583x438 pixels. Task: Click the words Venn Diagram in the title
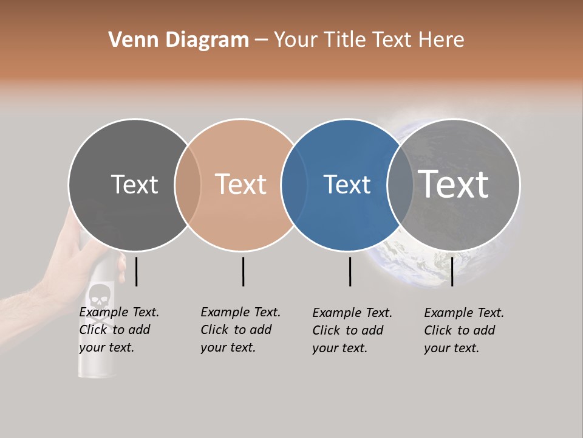click(179, 40)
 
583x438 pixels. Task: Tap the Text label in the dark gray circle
click(134, 184)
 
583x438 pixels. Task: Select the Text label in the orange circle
click(241, 184)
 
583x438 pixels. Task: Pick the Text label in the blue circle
click(347, 184)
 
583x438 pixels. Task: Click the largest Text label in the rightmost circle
click(454, 184)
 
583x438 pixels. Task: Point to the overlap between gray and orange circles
click(188, 185)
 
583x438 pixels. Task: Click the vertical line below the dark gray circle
click(136, 271)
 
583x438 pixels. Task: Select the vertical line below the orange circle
click(243, 271)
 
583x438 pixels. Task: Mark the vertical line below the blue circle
click(350, 271)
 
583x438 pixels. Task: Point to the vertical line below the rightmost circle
click(452, 271)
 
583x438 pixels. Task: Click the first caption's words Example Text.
click(119, 312)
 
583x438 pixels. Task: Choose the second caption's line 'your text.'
click(228, 347)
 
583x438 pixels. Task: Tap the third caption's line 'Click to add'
click(348, 330)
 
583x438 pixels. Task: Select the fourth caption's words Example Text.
click(464, 313)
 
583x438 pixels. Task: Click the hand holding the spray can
click(67, 268)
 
